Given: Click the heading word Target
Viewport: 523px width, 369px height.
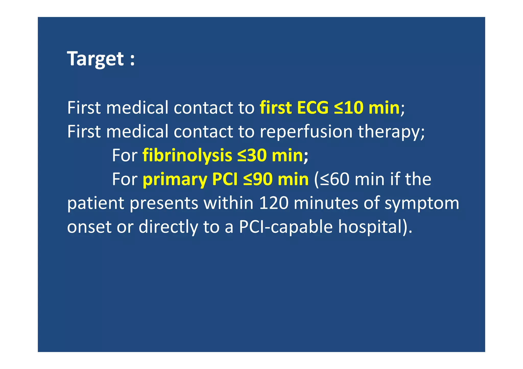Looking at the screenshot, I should tap(95, 59).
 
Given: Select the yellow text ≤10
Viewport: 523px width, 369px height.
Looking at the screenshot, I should tap(349, 108).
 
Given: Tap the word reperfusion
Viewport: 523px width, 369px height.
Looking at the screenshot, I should tap(306, 132).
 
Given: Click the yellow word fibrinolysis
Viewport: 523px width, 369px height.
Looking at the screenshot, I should tap(187, 156).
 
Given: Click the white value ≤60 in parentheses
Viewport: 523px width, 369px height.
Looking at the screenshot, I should tap(334, 179).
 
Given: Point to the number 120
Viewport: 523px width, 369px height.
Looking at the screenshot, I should tap(274, 203).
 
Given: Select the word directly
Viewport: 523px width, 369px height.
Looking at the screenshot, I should tap(168, 227).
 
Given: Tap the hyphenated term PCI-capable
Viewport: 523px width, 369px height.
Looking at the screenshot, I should tap(286, 227).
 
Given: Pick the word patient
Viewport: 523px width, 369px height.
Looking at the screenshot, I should tap(96, 203).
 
